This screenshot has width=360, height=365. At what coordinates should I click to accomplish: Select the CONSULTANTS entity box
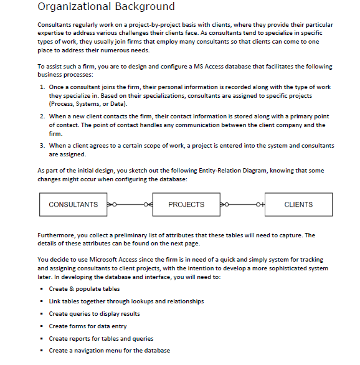click(73, 204)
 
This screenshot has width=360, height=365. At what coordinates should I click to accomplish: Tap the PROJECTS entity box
click(186, 204)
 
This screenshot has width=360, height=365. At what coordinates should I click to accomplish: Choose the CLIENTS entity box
click(298, 204)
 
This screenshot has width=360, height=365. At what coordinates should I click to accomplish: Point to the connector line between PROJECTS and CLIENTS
click(246, 204)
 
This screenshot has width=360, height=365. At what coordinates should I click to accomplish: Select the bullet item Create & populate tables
click(83, 289)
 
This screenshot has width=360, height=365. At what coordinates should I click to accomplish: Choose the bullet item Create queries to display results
click(94, 313)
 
